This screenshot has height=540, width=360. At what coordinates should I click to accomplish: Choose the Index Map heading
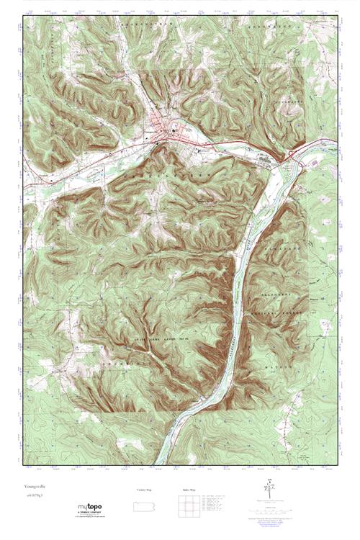tap(188, 490)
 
